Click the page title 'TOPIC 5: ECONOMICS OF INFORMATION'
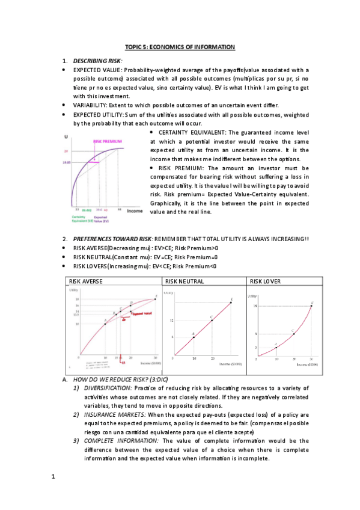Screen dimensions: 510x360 180,47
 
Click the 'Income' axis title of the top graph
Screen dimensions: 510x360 134,210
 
